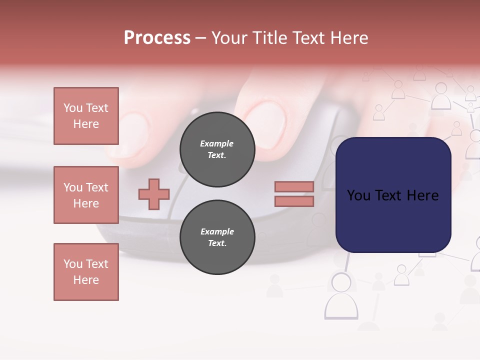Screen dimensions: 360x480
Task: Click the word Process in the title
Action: pyautogui.click(x=157, y=38)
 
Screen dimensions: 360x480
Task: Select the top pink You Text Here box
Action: pyautogui.click(x=86, y=116)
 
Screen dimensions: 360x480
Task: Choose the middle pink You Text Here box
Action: pyautogui.click(x=86, y=195)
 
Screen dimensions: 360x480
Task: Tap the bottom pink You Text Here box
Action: pyautogui.click(x=86, y=272)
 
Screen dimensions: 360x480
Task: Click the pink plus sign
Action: pyautogui.click(x=154, y=194)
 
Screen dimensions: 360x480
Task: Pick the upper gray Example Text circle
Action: pyautogui.click(x=217, y=149)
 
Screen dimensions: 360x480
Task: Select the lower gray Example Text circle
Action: pyautogui.click(x=217, y=237)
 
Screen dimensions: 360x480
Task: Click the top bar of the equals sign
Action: pyautogui.click(x=294, y=186)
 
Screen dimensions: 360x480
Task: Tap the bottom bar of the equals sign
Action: pyautogui.click(x=294, y=201)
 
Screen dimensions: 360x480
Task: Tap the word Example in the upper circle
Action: pyautogui.click(x=217, y=143)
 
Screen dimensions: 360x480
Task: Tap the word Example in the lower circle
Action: pyautogui.click(x=217, y=231)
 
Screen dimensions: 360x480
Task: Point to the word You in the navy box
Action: pyautogui.click(x=358, y=195)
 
